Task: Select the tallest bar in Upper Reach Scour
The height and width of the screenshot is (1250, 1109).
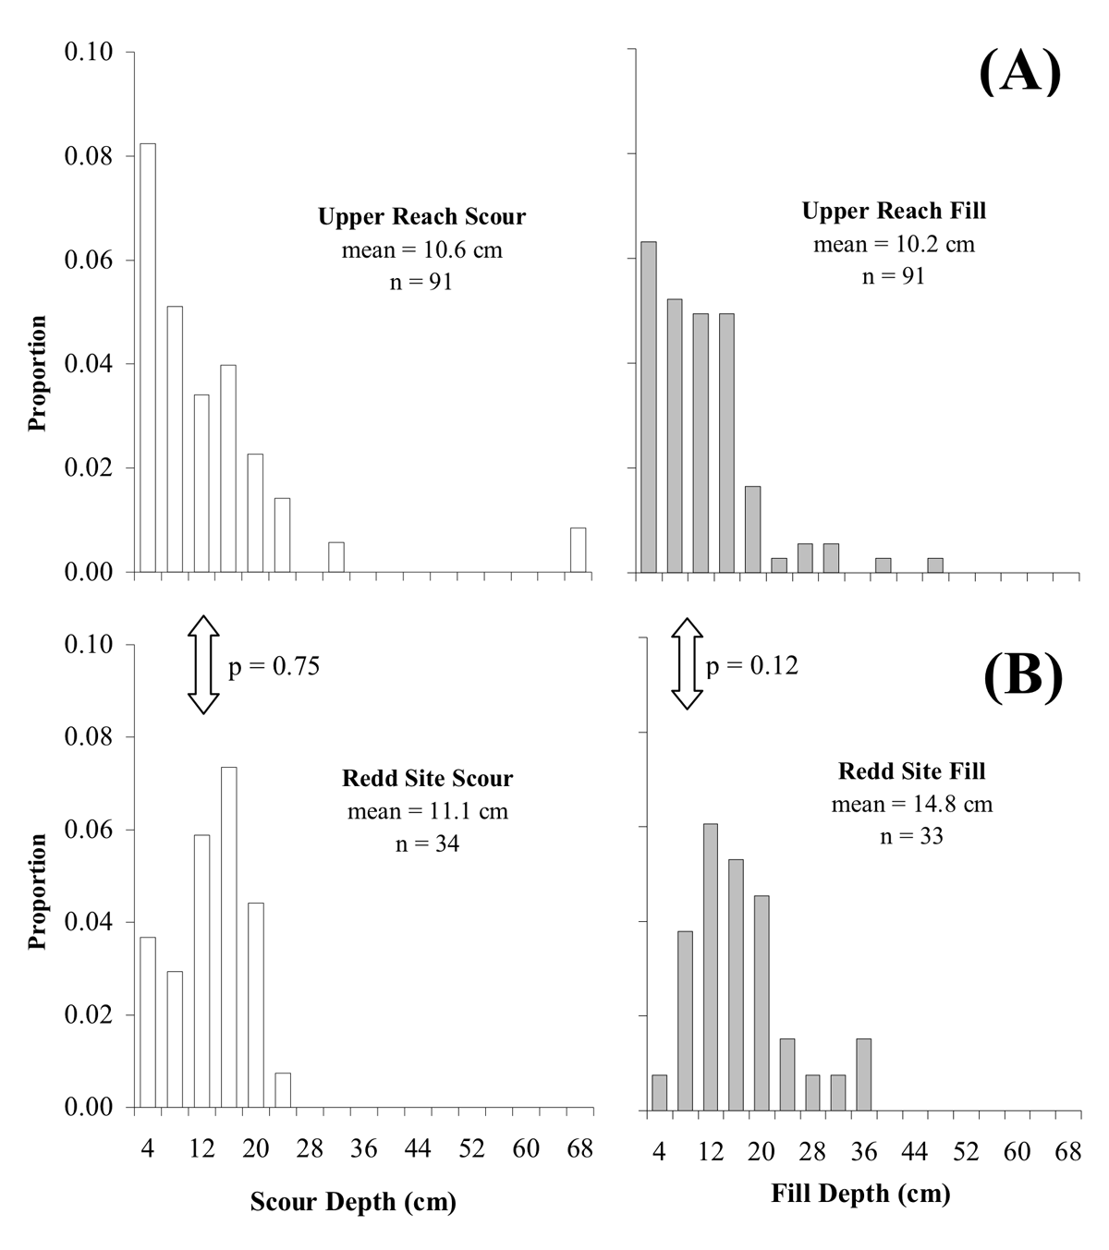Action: [148, 358]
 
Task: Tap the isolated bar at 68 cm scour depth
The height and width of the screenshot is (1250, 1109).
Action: [578, 550]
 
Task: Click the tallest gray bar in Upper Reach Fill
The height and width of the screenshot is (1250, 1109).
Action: [649, 407]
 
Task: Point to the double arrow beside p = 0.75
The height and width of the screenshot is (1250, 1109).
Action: [203, 665]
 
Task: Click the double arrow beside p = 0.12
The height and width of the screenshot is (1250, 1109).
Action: [686, 664]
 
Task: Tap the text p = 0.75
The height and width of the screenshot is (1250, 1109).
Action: [274, 666]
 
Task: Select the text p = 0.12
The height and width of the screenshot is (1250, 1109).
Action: [752, 665]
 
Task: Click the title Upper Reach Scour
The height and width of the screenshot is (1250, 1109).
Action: [421, 217]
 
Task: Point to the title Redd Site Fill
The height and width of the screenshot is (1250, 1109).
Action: [911, 771]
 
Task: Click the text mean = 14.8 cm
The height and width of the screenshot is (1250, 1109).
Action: [911, 804]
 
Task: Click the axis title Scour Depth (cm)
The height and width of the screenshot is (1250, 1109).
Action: [353, 1203]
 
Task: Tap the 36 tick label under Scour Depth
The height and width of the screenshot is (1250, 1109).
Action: [364, 1149]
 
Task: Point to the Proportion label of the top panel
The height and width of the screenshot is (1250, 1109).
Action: [38, 373]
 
